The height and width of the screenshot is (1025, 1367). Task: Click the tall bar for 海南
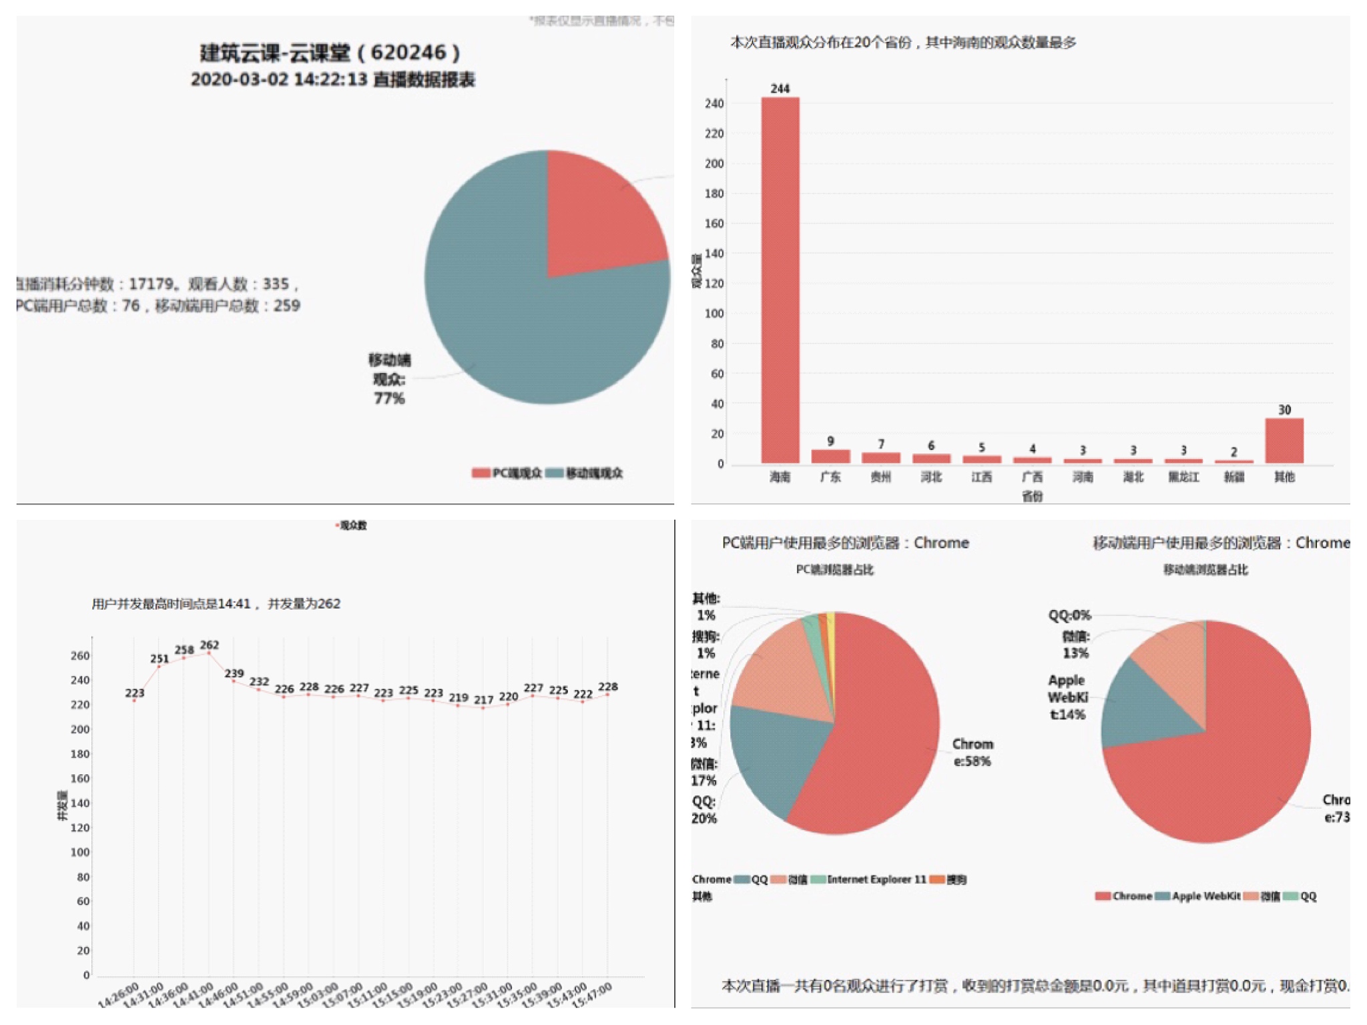(780, 280)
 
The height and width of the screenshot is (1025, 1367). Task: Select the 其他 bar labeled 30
(1284, 440)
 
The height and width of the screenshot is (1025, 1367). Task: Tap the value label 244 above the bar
(780, 89)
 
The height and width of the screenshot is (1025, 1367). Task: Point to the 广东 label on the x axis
(830, 476)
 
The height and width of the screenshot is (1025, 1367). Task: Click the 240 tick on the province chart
(714, 103)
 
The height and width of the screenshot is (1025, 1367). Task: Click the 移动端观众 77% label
(389, 379)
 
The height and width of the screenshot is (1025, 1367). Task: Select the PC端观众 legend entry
(507, 473)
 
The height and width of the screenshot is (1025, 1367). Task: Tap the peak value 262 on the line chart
(210, 645)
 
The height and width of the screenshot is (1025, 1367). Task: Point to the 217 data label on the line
(483, 700)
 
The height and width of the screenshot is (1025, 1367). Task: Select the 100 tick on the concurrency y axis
(79, 852)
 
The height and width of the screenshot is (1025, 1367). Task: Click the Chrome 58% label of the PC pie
(972, 752)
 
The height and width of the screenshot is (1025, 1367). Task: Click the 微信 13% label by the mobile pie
(1075, 645)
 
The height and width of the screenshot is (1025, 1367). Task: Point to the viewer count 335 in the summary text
(276, 284)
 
